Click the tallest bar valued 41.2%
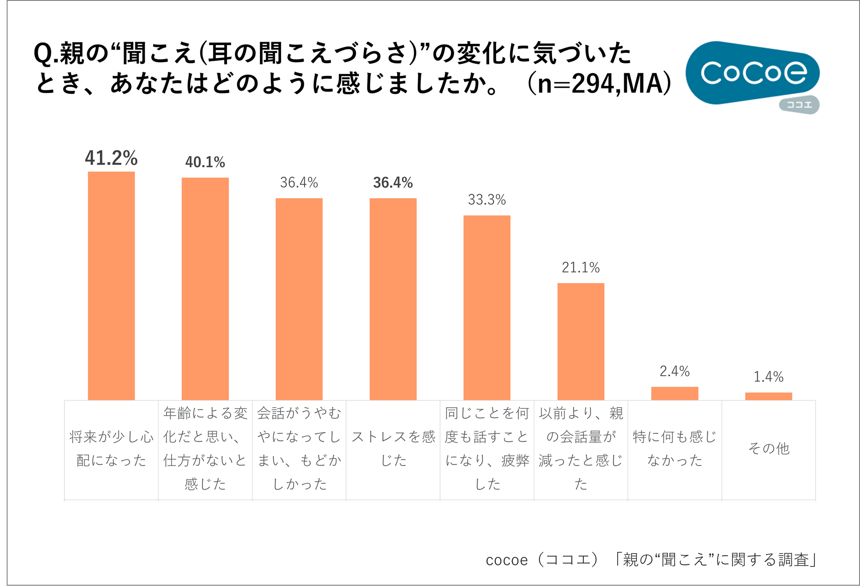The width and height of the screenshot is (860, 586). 111,285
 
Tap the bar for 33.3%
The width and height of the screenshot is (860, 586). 487,307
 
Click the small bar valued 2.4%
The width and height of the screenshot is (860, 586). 675,393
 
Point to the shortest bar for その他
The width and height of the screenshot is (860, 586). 768,396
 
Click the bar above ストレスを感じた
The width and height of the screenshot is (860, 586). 393,299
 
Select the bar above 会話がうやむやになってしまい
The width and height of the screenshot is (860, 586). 299,299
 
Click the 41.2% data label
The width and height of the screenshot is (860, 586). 111,158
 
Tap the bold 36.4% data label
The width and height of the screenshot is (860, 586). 393,183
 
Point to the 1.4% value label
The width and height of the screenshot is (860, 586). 768,376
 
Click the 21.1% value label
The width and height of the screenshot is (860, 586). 581,267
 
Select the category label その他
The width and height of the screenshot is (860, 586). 768,448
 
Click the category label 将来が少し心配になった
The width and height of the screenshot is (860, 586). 111,448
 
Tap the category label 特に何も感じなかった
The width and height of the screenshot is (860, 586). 675,448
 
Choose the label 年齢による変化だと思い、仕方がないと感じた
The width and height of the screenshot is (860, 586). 205,448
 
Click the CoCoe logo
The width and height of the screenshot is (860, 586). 752,72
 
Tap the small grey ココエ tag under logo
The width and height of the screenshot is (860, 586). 799,105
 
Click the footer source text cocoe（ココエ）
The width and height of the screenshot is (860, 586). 542,560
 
